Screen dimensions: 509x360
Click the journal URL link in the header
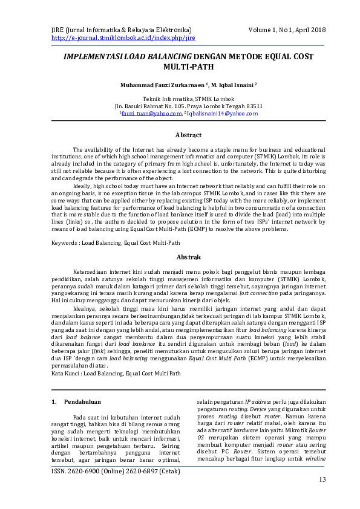[x=123, y=37]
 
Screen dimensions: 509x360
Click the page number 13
[x=322, y=479]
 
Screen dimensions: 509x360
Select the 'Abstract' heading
[x=188, y=135]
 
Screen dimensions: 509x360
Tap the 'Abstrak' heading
[x=188, y=257]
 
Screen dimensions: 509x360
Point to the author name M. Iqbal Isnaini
[x=234, y=85]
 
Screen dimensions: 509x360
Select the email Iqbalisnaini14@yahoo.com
[x=223, y=113]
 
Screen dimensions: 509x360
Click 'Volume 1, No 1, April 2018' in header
[x=287, y=30]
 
